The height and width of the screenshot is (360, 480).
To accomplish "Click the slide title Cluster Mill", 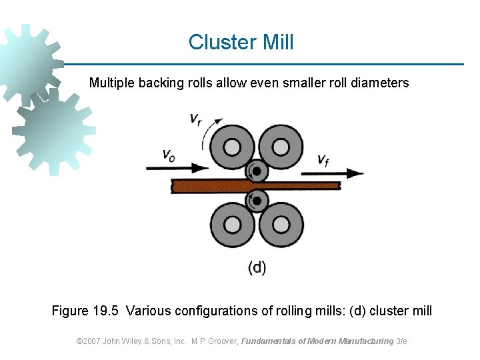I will point(241,43).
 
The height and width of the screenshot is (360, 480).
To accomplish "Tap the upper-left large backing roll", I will point(232,147).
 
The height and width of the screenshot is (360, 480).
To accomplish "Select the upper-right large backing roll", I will point(281,147).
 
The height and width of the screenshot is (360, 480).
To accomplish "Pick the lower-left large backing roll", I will point(232,225).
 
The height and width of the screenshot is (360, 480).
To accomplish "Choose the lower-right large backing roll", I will point(281,225).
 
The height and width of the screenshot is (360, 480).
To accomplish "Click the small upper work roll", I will point(257,171).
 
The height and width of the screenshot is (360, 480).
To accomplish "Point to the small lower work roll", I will point(257,199).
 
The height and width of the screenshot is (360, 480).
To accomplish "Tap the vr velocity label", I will point(196,120).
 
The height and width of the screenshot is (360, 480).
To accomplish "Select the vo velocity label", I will point(169,155).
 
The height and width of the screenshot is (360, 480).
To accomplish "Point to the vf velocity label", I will point(323,160).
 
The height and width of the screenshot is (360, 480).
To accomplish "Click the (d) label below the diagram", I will point(257,268).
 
